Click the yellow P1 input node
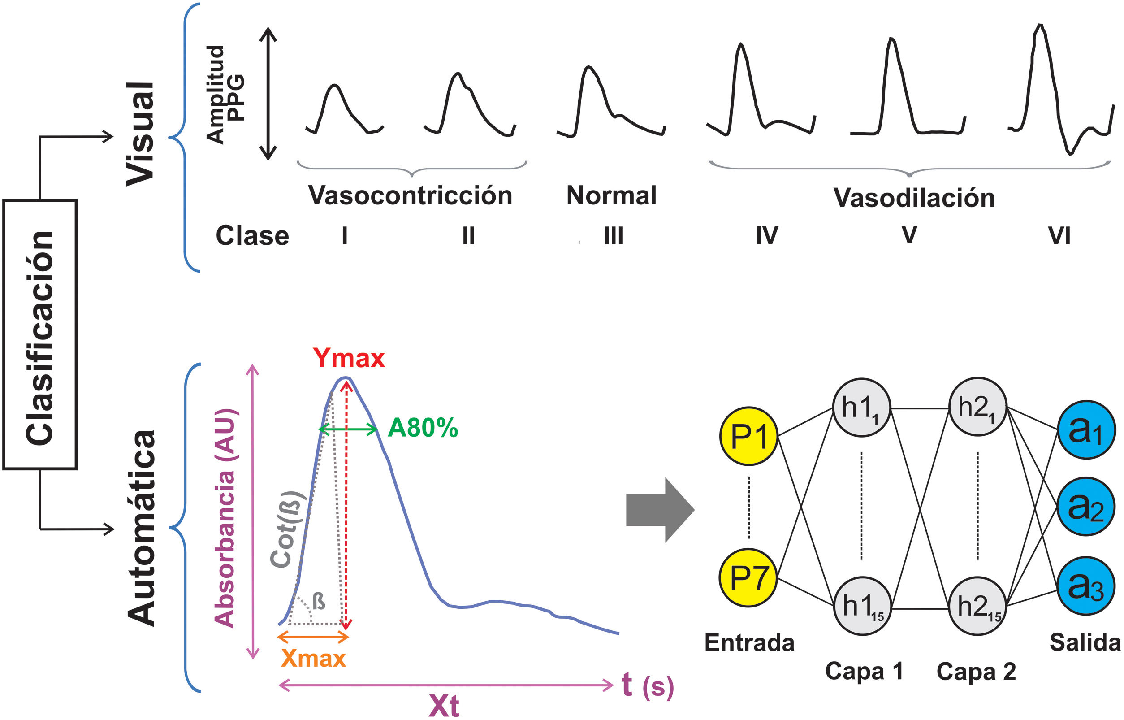748,436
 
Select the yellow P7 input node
748,577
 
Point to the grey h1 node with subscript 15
862,606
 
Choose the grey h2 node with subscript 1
977,407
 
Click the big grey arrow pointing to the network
659,510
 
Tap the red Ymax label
349,359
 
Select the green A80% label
423,428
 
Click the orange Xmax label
313,658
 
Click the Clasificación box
40,334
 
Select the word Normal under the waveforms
611,195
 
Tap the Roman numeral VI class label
1059,236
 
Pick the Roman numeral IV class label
767,236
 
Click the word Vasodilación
914,198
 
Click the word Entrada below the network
749,643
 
